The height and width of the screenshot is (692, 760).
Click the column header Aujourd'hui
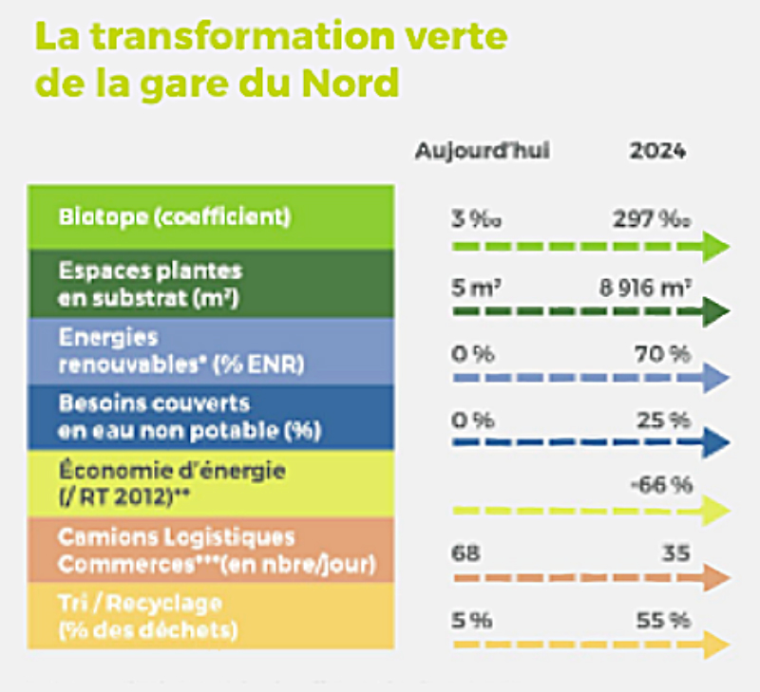(x=482, y=151)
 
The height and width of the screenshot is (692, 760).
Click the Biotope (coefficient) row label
(x=174, y=216)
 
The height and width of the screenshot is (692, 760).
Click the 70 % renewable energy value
(x=663, y=353)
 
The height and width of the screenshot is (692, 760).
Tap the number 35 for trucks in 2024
(x=675, y=552)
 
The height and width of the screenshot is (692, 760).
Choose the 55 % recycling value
(x=663, y=620)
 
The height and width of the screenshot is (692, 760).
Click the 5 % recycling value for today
(x=471, y=620)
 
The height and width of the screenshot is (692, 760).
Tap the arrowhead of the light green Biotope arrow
(x=715, y=249)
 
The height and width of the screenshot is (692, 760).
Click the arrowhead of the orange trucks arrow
(x=715, y=578)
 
